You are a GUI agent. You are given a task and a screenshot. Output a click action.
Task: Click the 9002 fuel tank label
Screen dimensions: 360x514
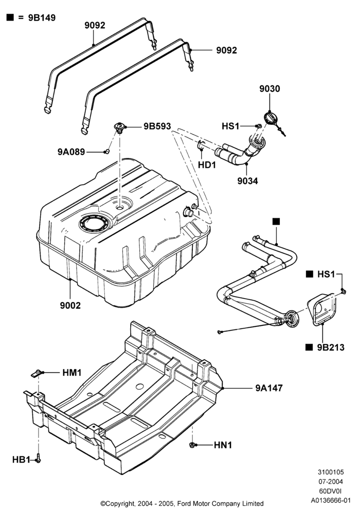click(x=70, y=305)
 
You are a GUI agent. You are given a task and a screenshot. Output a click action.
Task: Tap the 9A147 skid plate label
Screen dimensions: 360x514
click(x=269, y=388)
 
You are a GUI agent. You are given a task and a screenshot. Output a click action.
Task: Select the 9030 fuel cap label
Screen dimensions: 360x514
click(x=270, y=89)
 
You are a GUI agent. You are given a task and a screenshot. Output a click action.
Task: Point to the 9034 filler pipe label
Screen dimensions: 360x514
click(x=247, y=180)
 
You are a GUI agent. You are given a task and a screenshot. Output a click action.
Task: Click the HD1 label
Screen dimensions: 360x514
click(x=207, y=165)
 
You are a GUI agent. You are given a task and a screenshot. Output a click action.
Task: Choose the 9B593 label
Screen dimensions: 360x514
click(x=157, y=126)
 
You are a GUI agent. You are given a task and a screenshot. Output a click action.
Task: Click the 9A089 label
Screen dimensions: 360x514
click(x=71, y=152)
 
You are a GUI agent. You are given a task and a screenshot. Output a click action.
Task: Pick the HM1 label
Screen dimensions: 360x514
click(x=72, y=373)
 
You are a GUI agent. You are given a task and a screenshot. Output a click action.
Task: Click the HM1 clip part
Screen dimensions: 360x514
click(x=38, y=373)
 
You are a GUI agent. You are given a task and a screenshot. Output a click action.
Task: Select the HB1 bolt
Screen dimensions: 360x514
click(x=38, y=458)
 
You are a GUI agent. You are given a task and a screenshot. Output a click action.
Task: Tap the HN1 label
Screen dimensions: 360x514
click(x=223, y=445)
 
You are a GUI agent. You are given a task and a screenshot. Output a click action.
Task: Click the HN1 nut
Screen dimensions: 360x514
click(x=193, y=445)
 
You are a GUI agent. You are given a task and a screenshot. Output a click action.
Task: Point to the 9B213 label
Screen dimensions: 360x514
click(x=331, y=347)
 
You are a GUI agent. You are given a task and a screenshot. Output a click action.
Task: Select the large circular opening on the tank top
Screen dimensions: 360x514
click(x=94, y=224)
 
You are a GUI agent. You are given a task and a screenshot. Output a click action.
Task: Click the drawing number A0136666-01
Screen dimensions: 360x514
click(x=331, y=501)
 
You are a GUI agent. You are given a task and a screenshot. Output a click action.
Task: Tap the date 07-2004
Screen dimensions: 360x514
click(x=331, y=482)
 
